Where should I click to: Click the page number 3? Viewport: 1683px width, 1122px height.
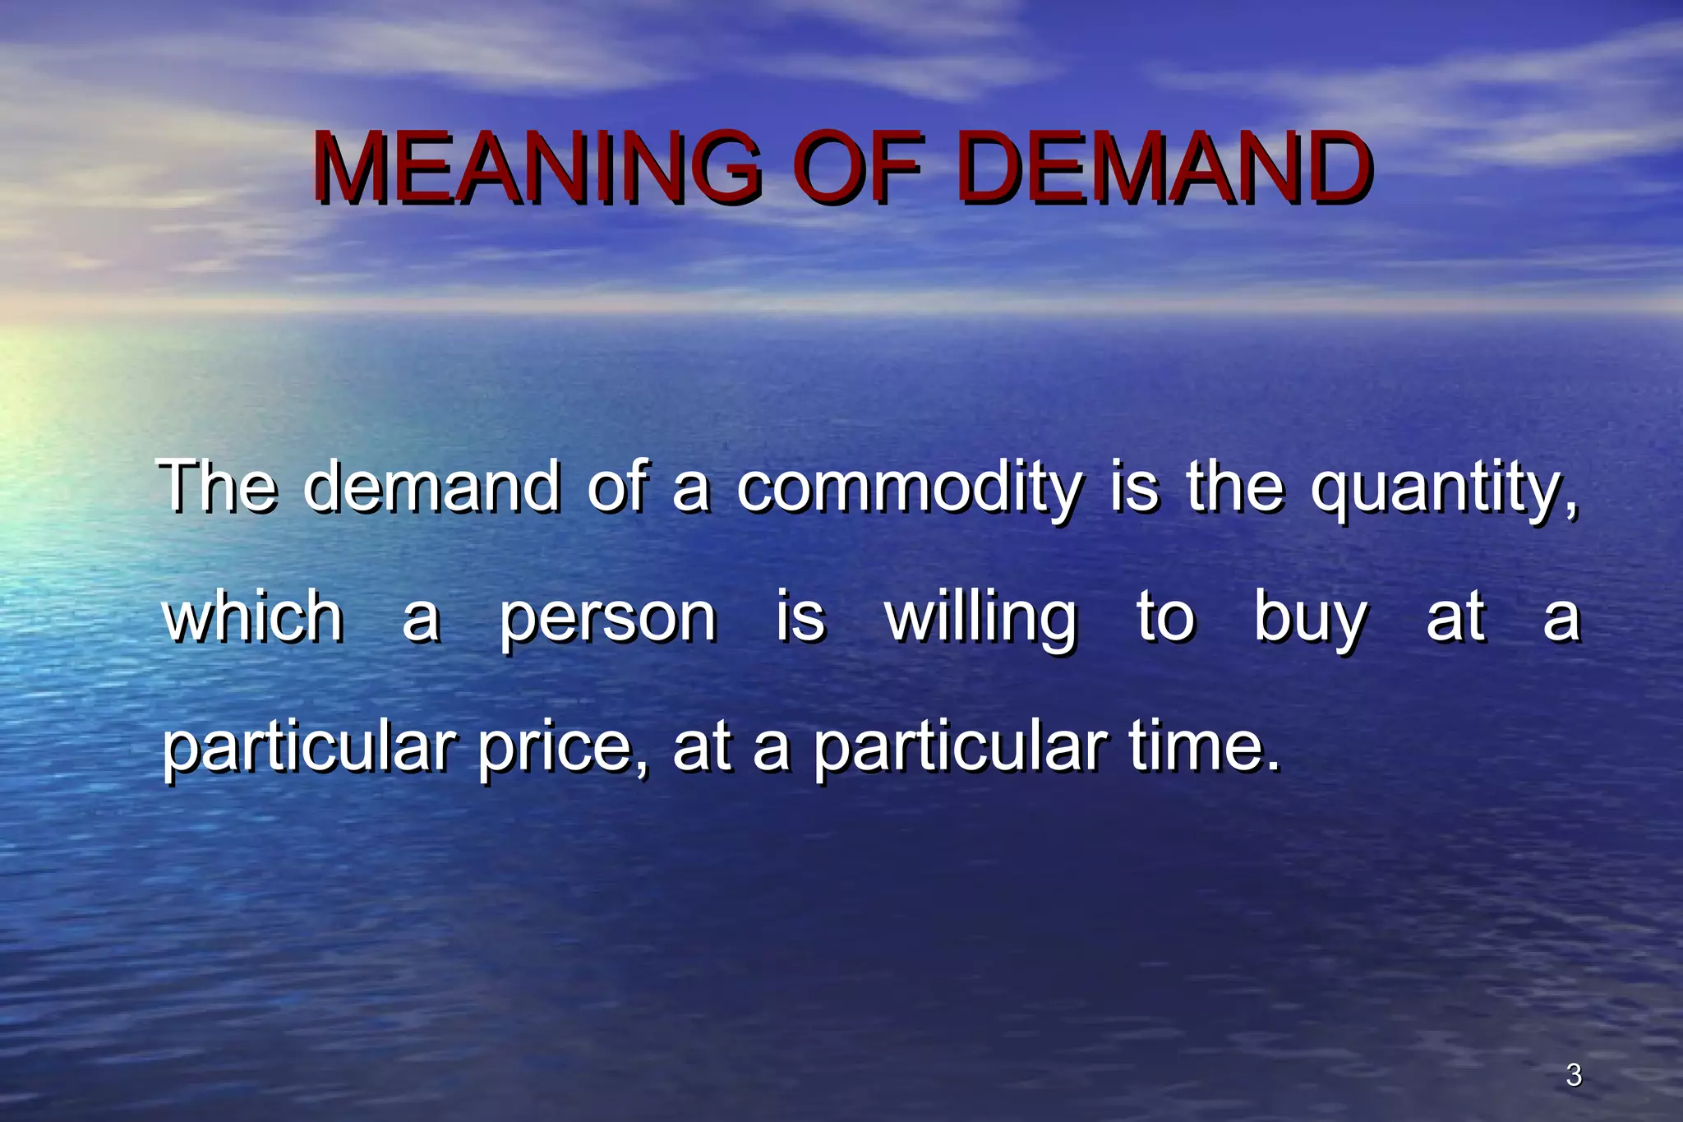1574,1075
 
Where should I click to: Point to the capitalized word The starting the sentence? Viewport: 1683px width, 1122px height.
218,486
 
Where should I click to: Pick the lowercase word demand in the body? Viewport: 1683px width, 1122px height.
432,486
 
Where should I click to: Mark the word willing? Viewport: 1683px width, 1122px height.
981,618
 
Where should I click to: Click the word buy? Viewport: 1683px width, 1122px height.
1311,618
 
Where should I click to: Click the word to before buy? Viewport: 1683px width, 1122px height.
1165,618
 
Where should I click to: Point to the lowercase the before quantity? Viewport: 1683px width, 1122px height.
1234,486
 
